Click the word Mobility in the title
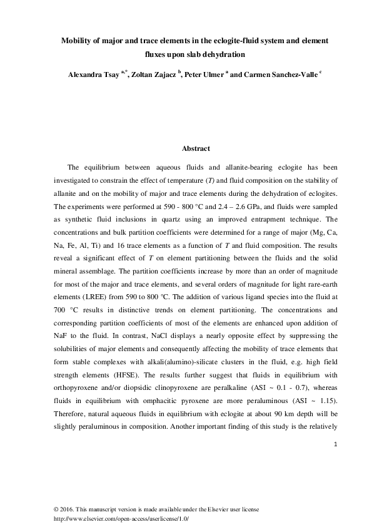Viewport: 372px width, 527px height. pos(76,40)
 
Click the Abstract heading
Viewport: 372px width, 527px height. pos(196,149)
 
